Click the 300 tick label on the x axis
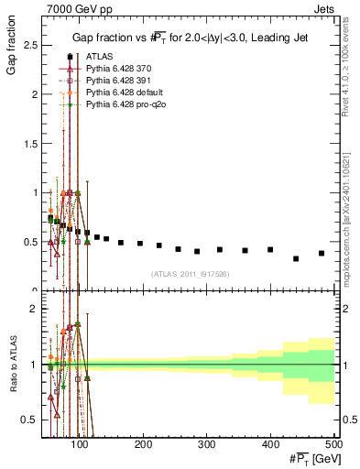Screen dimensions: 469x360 click(206, 444)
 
